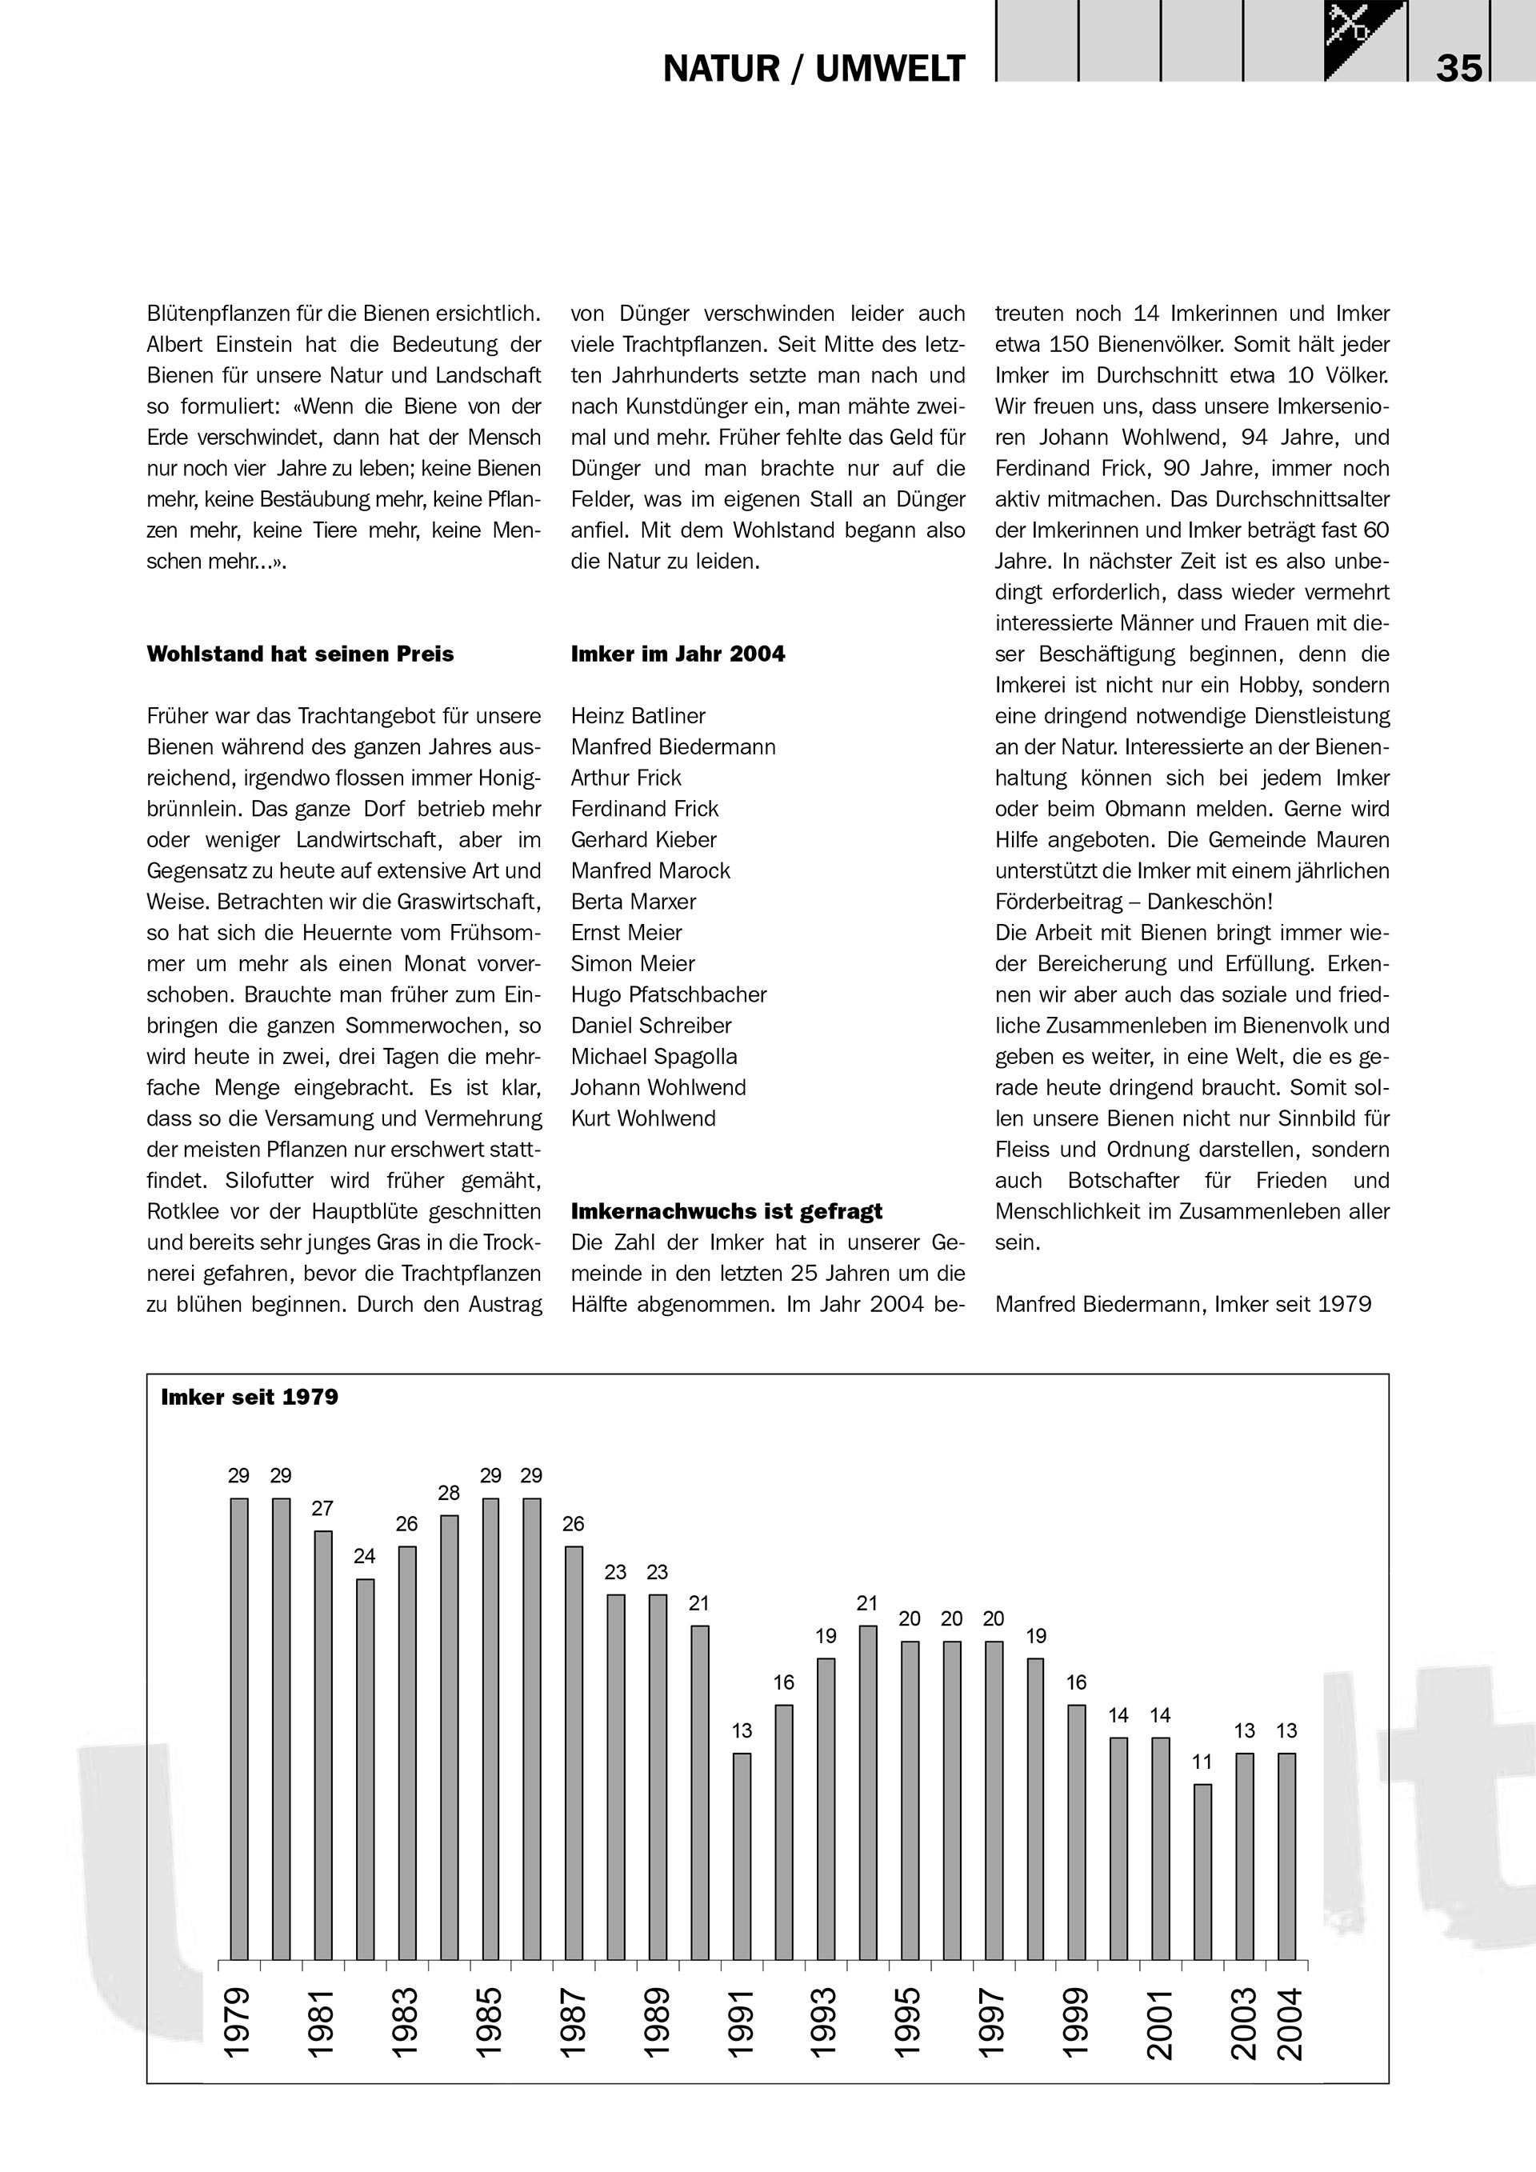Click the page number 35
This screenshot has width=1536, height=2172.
(1458, 68)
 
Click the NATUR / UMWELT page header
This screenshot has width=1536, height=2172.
(814, 69)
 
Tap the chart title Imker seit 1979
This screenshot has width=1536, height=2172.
(250, 1398)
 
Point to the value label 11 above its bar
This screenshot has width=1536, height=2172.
(1202, 1762)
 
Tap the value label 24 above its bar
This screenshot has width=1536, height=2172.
(364, 1556)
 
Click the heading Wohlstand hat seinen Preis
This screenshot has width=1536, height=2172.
(300, 654)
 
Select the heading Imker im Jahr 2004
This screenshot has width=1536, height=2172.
(678, 654)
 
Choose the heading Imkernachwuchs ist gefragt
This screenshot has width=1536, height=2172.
(726, 1212)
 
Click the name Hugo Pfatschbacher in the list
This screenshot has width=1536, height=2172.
(669, 995)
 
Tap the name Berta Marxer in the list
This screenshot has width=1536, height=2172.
(634, 902)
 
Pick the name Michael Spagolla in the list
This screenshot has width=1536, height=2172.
(654, 1057)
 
